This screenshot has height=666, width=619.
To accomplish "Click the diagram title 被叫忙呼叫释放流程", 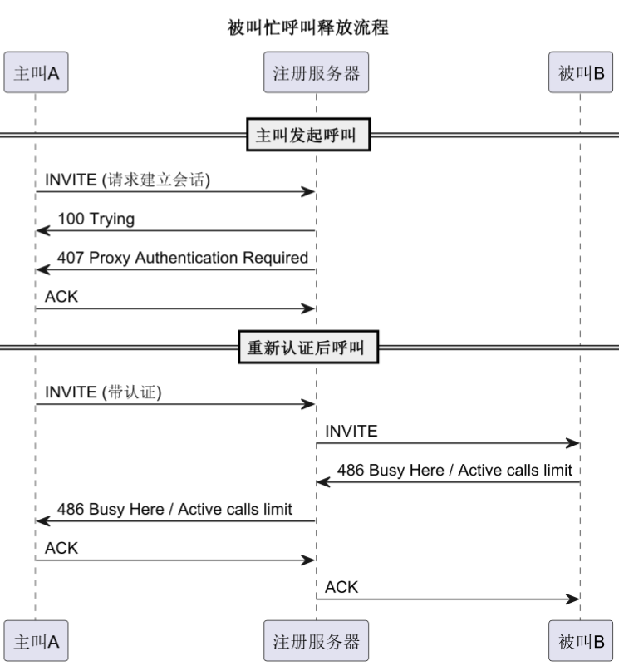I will (308, 27).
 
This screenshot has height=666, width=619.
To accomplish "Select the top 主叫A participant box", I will (36, 72).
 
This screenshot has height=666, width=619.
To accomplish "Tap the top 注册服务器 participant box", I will (316, 72).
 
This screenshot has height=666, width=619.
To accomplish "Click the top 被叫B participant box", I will (581, 72).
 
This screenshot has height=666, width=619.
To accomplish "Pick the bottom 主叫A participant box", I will (36, 641).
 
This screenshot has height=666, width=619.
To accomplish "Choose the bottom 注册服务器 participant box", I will (316, 641).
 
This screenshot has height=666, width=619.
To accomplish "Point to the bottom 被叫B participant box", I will (581, 641).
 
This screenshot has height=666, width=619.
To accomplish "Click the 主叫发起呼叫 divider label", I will (308, 135).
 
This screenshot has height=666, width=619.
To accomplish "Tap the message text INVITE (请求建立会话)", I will (127, 180).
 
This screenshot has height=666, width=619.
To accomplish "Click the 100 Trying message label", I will (96, 219).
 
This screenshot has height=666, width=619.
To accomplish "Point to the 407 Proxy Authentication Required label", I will (183, 258).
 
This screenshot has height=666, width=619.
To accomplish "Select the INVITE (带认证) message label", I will (103, 392).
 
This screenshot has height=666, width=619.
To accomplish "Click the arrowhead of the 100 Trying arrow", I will (42, 231).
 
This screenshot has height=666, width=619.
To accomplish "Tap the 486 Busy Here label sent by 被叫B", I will (454, 470).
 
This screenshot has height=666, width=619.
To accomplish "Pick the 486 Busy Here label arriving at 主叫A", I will (174, 509).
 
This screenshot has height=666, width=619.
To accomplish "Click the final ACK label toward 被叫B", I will (341, 587).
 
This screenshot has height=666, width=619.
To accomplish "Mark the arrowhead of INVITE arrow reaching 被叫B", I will (573, 443).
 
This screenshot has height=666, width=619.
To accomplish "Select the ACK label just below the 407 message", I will (61, 296).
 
